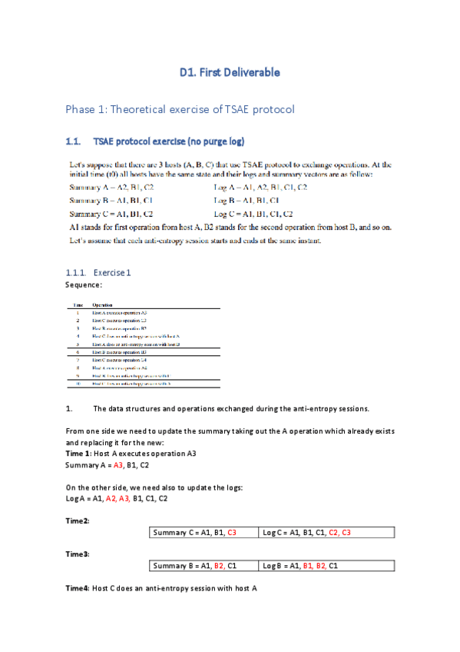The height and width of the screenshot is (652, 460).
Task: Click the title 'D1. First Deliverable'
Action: [230, 73]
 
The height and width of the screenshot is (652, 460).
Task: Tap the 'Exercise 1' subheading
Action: [112, 273]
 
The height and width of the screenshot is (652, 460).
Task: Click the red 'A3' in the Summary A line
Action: [118, 466]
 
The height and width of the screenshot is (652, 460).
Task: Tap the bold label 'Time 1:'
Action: [78, 454]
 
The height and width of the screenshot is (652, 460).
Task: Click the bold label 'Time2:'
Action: [78, 521]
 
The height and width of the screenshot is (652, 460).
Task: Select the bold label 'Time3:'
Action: [78, 554]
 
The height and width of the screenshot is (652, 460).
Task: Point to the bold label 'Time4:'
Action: [78, 587]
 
